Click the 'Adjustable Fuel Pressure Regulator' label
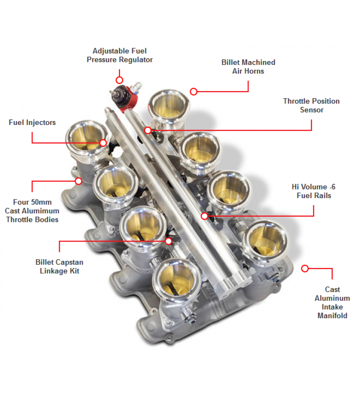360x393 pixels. coord(119,56)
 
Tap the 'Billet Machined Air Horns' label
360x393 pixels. coord(248,67)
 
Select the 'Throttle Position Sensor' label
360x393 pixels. coord(311,106)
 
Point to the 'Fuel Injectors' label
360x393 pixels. coord(32,123)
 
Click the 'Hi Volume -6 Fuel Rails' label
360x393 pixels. coord(314,191)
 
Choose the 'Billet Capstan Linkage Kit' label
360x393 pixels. coord(59,267)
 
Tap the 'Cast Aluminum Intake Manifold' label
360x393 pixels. coord(332,303)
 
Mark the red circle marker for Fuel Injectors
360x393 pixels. coord(103,143)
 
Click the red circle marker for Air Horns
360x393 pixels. coord(193,92)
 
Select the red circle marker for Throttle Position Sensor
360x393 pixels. coord(148,130)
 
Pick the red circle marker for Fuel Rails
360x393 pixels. coord(205,216)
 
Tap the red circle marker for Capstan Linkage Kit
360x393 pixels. coord(168,241)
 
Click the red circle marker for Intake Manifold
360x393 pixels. coord(304,268)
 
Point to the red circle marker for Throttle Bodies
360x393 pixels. coord(79,181)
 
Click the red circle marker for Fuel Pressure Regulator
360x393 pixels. coord(119,80)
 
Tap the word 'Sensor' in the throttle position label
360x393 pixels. coord(312,110)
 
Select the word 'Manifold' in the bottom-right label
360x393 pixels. coord(332,316)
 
